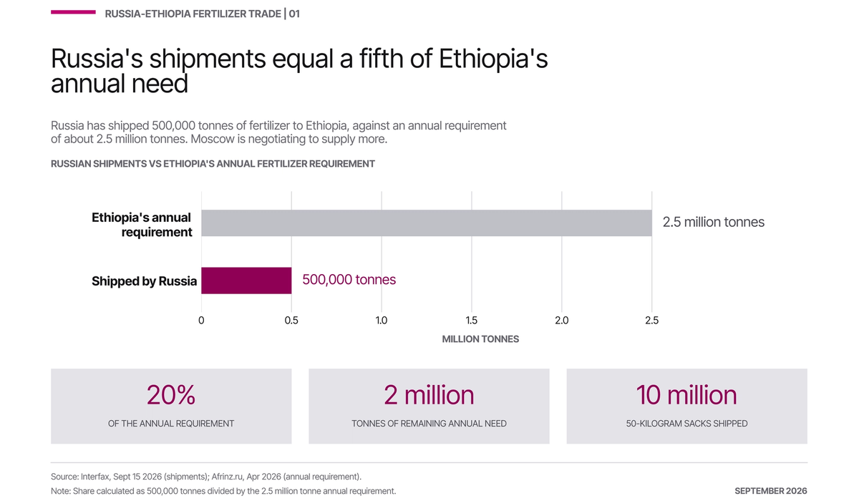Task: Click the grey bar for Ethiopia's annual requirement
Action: (x=427, y=223)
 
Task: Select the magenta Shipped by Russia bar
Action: (x=246, y=281)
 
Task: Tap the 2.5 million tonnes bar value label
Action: (x=713, y=223)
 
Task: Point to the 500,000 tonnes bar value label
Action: (x=349, y=280)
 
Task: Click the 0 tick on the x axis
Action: (x=201, y=321)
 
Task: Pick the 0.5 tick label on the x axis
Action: (x=291, y=321)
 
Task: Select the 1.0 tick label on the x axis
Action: (x=382, y=321)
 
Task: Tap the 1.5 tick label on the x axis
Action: (x=472, y=321)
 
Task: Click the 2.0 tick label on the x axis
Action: (x=562, y=321)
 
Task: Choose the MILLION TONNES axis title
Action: (x=480, y=339)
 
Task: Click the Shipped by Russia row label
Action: (x=144, y=281)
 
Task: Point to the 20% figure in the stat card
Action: (x=171, y=395)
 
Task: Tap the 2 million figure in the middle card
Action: (x=429, y=395)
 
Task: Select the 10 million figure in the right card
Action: (x=686, y=395)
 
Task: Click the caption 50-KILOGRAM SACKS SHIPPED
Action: (x=686, y=424)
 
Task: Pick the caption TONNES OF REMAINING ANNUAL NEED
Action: (x=429, y=424)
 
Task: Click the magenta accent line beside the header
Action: (x=73, y=12)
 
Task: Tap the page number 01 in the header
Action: (x=294, y=14)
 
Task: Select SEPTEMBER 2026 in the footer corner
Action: (x=771, y=491)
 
